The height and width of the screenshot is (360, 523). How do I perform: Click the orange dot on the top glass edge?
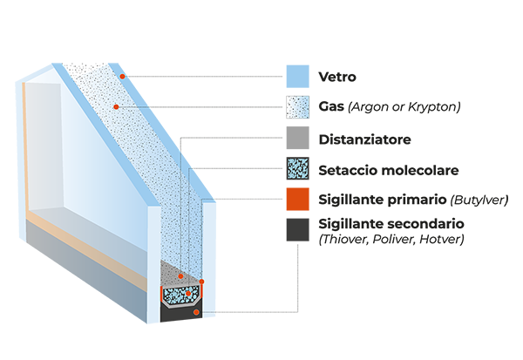[123, 77]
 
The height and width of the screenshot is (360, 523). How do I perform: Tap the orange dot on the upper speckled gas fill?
[116, 106]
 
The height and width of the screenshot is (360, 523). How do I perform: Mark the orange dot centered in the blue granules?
[187, 294]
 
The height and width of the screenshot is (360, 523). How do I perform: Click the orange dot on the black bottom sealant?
[196, 311]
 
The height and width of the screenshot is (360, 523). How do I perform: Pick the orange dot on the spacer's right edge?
[201, 282]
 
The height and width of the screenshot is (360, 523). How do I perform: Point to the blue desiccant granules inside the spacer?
[174, 297]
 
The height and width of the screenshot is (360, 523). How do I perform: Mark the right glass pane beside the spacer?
[208, 253]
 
